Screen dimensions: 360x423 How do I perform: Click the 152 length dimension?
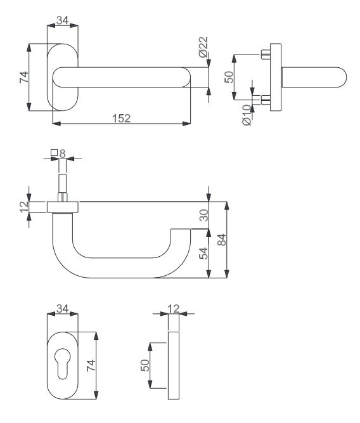pyautogui.click(x=121, y=119)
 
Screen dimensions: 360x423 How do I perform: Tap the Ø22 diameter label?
pyautogui.click(x=203, y=47)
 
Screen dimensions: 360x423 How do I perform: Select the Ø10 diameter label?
pyautogui.click(x=247, y=115)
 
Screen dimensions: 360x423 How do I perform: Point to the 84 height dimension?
pyautogui.click(x=222, y=240)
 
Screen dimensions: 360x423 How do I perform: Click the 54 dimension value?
pyautogui.click(x=204, y=253)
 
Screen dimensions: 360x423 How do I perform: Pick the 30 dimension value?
pyautogui.click(x=204, y=215)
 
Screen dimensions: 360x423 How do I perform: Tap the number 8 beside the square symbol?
pyautogui.click(x=62, y=153)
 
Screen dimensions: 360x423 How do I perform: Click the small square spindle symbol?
pyautogui.click(x=55, y=153)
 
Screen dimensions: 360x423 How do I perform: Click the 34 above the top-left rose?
pyautogui.click(x=62, y=20)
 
